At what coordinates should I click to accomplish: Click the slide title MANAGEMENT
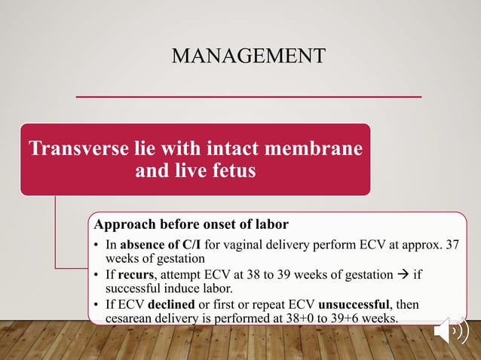point(249,56)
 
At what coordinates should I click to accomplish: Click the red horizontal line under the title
point(250,96)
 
